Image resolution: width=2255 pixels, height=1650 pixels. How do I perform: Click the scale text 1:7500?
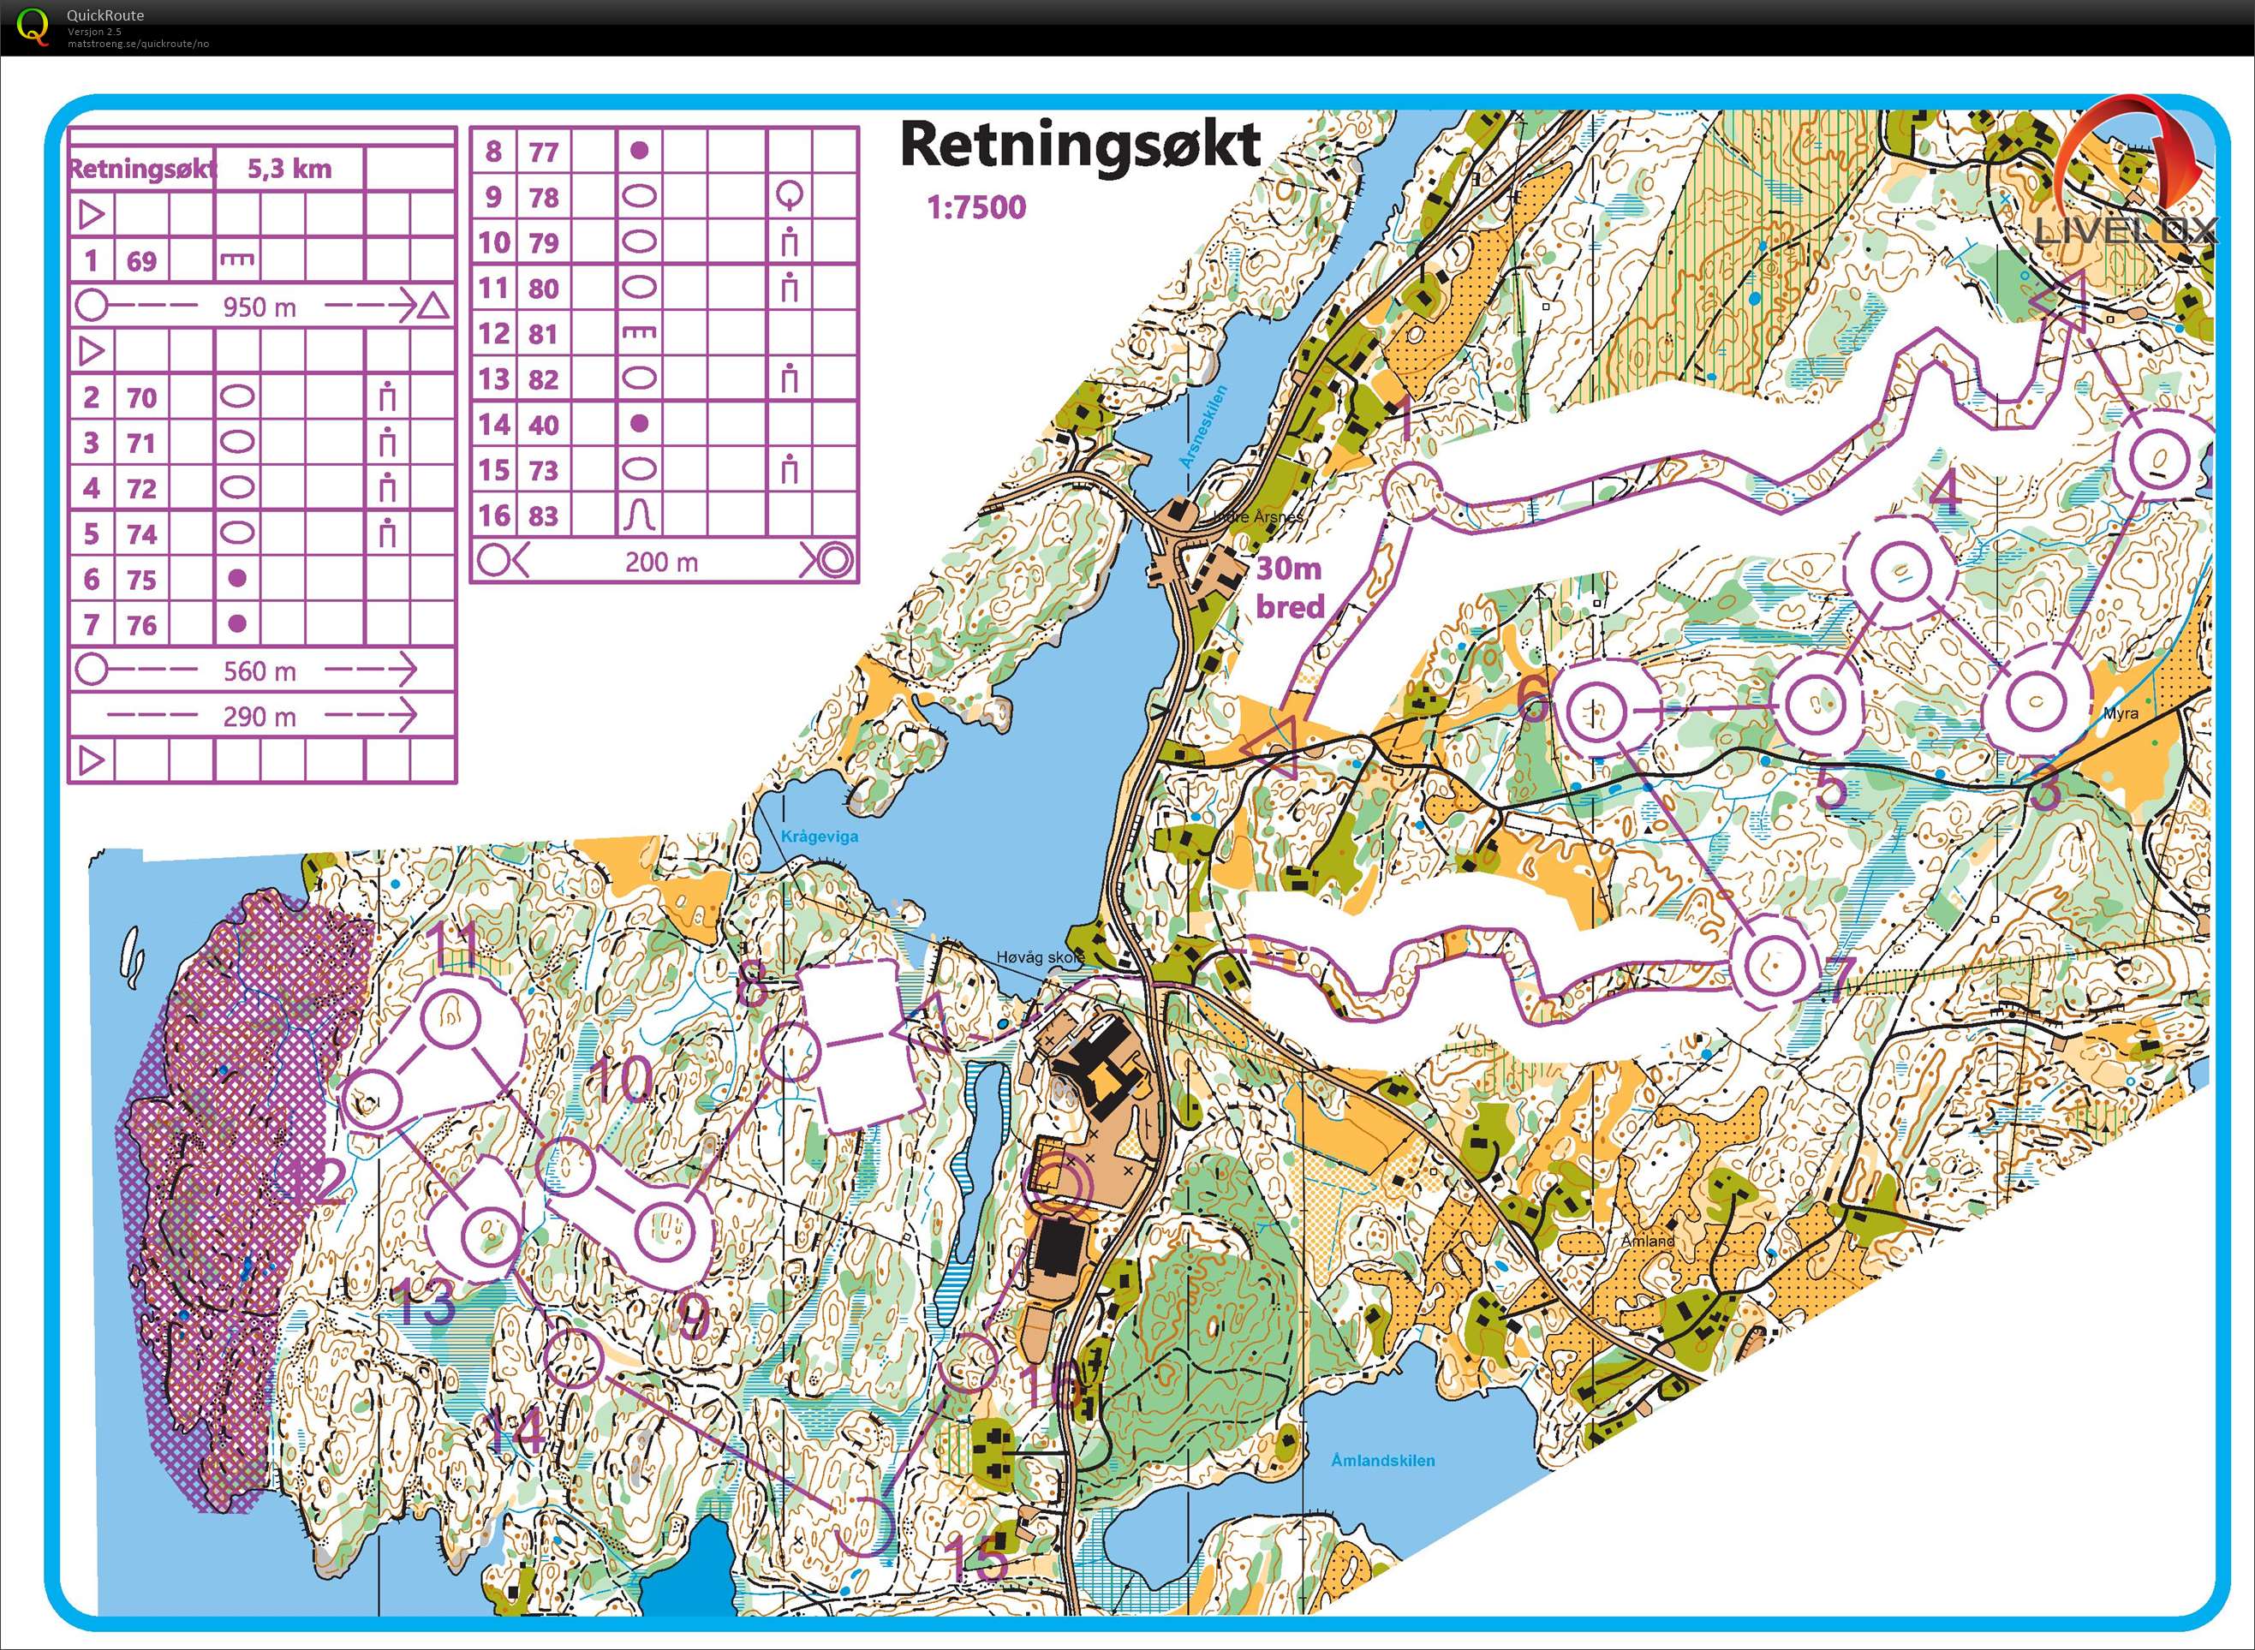(x=976, y=208)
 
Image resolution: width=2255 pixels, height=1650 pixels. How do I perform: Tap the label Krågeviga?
(x=820, y=837)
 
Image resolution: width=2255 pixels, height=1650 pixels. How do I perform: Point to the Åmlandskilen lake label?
(x=1383, y=1460)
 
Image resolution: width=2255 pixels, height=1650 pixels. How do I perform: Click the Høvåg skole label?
(x=1039, y=956)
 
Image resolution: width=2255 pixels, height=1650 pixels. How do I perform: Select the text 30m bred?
(x=1289, y=587)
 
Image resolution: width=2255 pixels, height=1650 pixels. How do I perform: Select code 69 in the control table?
(x=140, y=262)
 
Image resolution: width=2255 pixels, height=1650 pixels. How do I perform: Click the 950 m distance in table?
(x=259, y=307)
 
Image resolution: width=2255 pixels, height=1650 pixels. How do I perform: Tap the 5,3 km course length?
(x=289, y=168)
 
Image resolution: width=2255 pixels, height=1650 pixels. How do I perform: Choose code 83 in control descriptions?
(x=542, y=516)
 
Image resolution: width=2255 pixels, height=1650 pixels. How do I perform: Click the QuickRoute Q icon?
(x=33, y=26)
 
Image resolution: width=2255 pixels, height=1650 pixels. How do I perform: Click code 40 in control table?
(x=542, y=425)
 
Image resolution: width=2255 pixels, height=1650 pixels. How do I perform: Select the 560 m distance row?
(x=259, y=671)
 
